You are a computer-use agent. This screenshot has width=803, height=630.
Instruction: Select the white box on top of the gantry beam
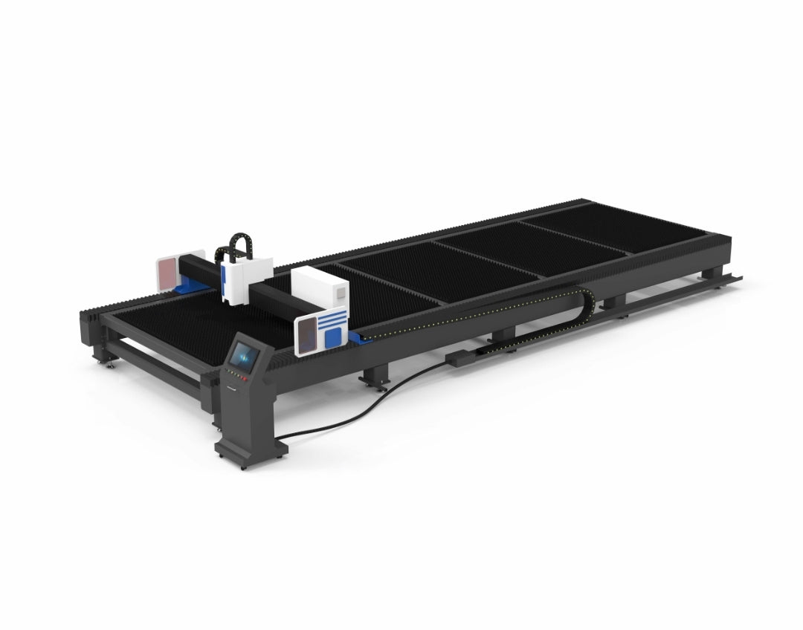click(x=320, y=286)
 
